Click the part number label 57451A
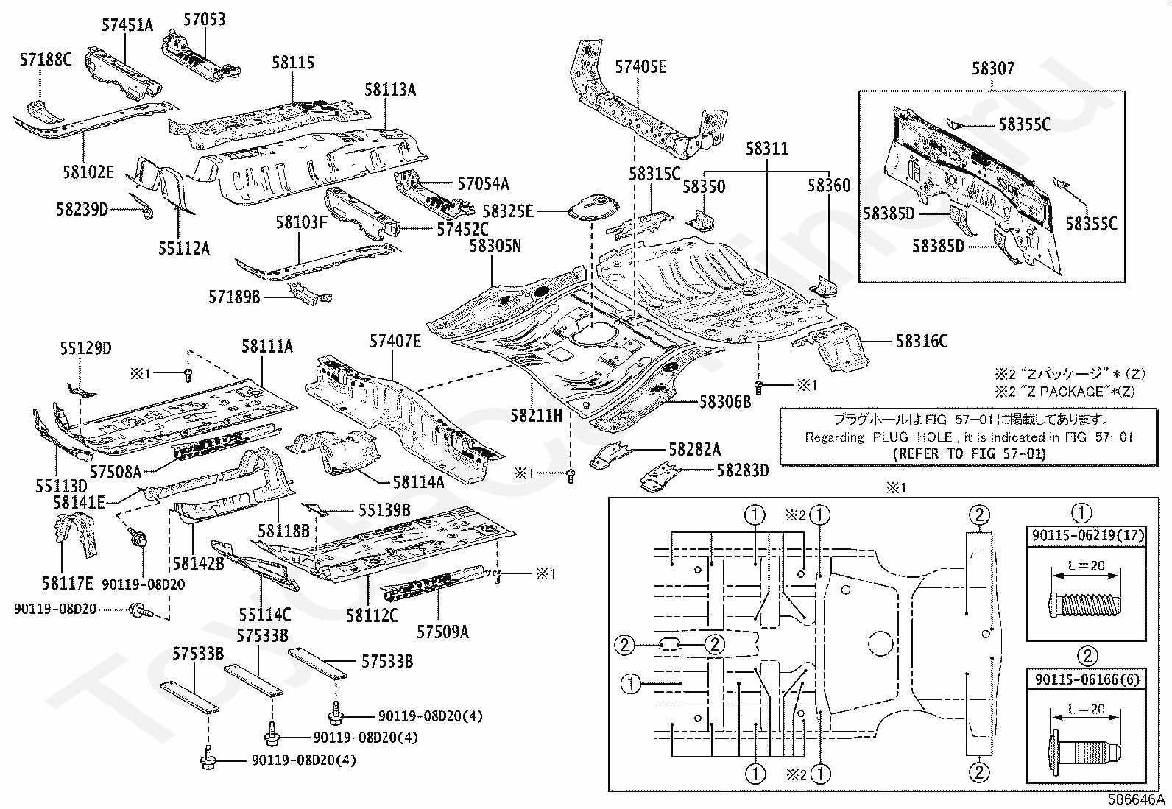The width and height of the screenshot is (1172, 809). (127, 24)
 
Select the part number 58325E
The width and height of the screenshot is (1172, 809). (508, 211)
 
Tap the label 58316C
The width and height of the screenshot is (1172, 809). (922, 341)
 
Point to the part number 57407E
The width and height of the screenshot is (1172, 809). (395, 341)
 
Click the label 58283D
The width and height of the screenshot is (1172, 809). (743, 470)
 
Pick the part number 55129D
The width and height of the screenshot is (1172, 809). (85, 348)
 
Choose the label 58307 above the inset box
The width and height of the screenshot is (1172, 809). (993, 68)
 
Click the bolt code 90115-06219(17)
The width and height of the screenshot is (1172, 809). (1088, 535)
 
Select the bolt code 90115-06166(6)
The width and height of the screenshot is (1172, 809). (1087, 679)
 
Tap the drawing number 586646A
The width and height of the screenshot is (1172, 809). (1136, 799)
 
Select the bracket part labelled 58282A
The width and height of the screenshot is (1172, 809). (610, 454)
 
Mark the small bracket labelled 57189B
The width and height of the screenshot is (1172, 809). (310, 294)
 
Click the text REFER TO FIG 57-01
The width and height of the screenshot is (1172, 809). (969, 453)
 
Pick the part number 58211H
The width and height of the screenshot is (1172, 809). (536, 415)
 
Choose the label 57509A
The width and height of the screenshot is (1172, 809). (442, 632)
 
